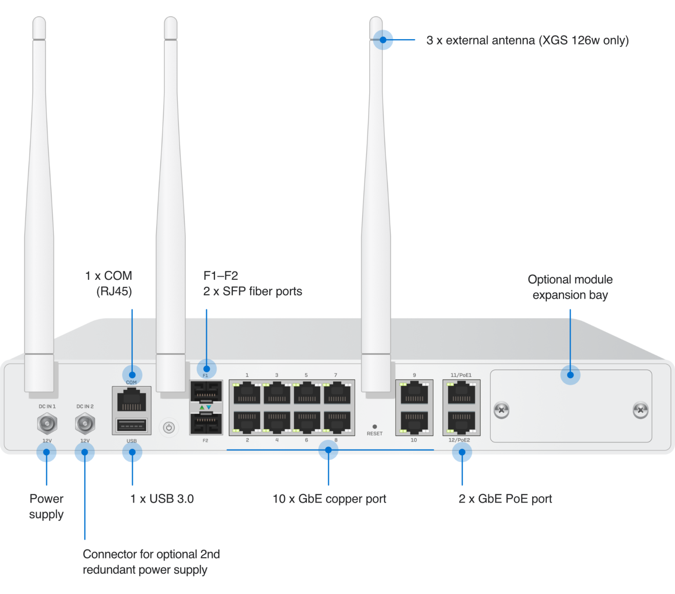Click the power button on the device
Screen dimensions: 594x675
pyautogui.click(x=169, y=427)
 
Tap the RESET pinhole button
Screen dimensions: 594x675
pyautogui.click(x=374, y=427)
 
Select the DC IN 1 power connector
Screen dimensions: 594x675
pyautogui.click(x=47, y=424)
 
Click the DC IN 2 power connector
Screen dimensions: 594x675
pyautogui.click(x=85, y=424)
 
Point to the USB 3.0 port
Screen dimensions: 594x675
pyautogui.click(x=131, y=426)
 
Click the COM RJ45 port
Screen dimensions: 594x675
pyautogui.click(x=131, y=400)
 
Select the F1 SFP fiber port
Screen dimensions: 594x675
pyautogui.click(x=206, y=391)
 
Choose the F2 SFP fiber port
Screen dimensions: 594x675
pyautogui.click(x=206, y=424)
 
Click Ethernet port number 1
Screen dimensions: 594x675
pyautogui.click(x=247, y=392)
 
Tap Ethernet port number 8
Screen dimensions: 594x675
pyautogui.click(x=337, y=422)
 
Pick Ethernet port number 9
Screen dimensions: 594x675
pyautogui.click(x=414, y=392)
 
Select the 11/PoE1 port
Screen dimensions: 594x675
pyautogui.click(x=461, y=392)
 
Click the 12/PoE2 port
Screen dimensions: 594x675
pyautogui.click(x=461, y=422)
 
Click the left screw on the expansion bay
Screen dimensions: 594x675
pyautogui.click(x=501, y=410)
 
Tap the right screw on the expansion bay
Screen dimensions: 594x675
pyautogui.click(x=640, y=410)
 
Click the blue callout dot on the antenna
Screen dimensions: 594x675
pyautogui.click(x=385, y=40)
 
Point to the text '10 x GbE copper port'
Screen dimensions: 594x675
pyautogui.click(x=329, y=499)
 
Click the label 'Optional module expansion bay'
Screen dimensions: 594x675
pyautogui.click(x=570, y=287)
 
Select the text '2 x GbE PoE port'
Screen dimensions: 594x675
pyautogui.click(x=505, y=499)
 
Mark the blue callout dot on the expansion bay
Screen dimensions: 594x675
pyautogui.click(x=570, y=375)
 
